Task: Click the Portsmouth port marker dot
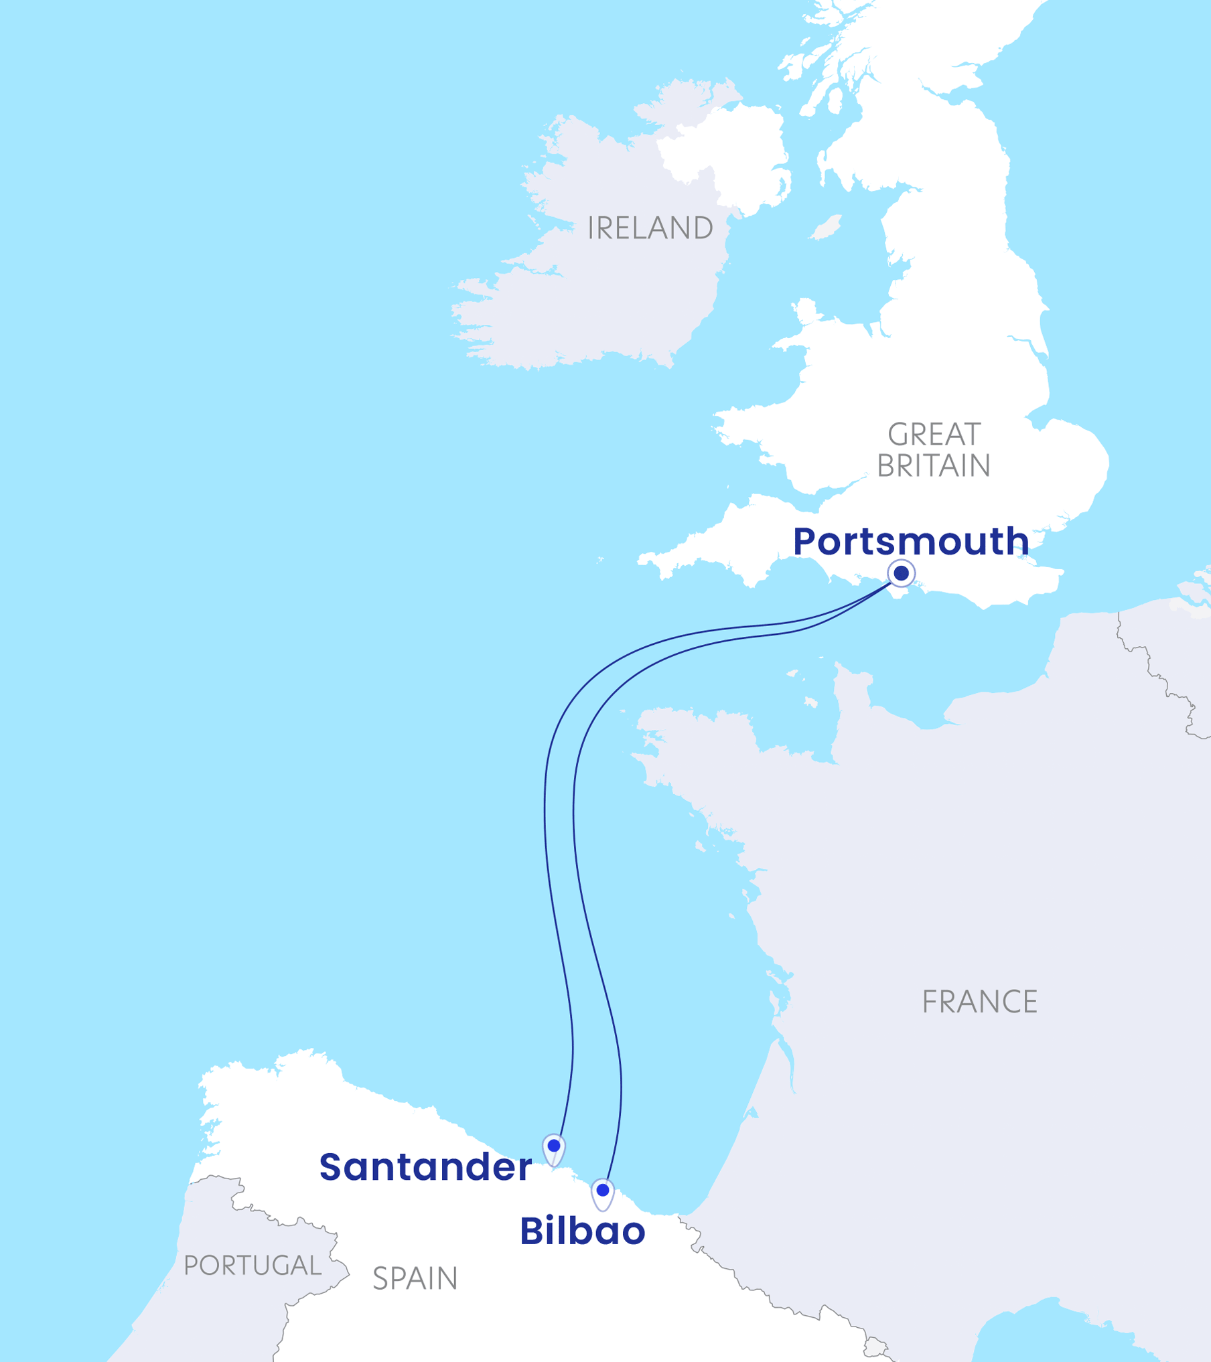pyautogui.click(x=901, y=573)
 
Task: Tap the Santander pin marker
pyautogui.click(x=553, y=1146)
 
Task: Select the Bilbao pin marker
pyautogui.click(x=602, y=1191)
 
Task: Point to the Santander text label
pyautogui.click(x=425, y=1167)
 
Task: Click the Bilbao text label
pyautogui.click(x=582, y=1231)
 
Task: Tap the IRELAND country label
pyautogui.click(x=650, y=228)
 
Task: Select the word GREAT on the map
pyautogui.click(x=934, y=435)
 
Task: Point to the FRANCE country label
pyautogui.click(x=979, y=1002)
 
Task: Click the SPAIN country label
pyautogui.click(x=415, y=1279)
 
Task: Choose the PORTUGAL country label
pyautogui.click(x=253, y=1266)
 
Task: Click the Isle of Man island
pyautogui.click(x=826, y=227)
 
